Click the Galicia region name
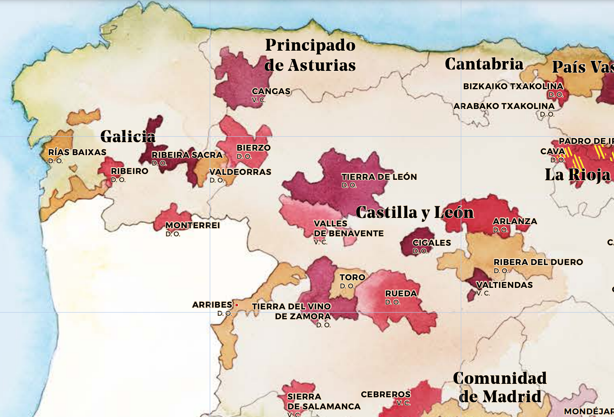click(x=128, y=136)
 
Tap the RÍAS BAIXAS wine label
click(x=77, y=152)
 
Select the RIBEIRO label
click(x=130, y=171)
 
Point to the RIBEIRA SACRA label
click(x=187, y=155)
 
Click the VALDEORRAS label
click(x=240, y=172)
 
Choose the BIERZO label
click(x=253, y=148)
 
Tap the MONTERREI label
click(x=192, y=226)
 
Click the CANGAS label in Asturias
click(x=271, y=91)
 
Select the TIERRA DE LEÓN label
click(x=379, y=177)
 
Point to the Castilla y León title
click(x=415, y=212)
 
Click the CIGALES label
click(x=432, y=243)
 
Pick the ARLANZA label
click(x=515, y=222)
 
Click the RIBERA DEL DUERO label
click(x=538, y=262)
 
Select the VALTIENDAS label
click(x=504, y=285)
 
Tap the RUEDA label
click(x=401, y=294)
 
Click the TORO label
click(x=352, y=278)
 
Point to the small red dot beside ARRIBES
click(x=237, y=305)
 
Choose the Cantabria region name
click(x=484, y=64)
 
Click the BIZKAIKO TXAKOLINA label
click(x=513, y=86)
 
